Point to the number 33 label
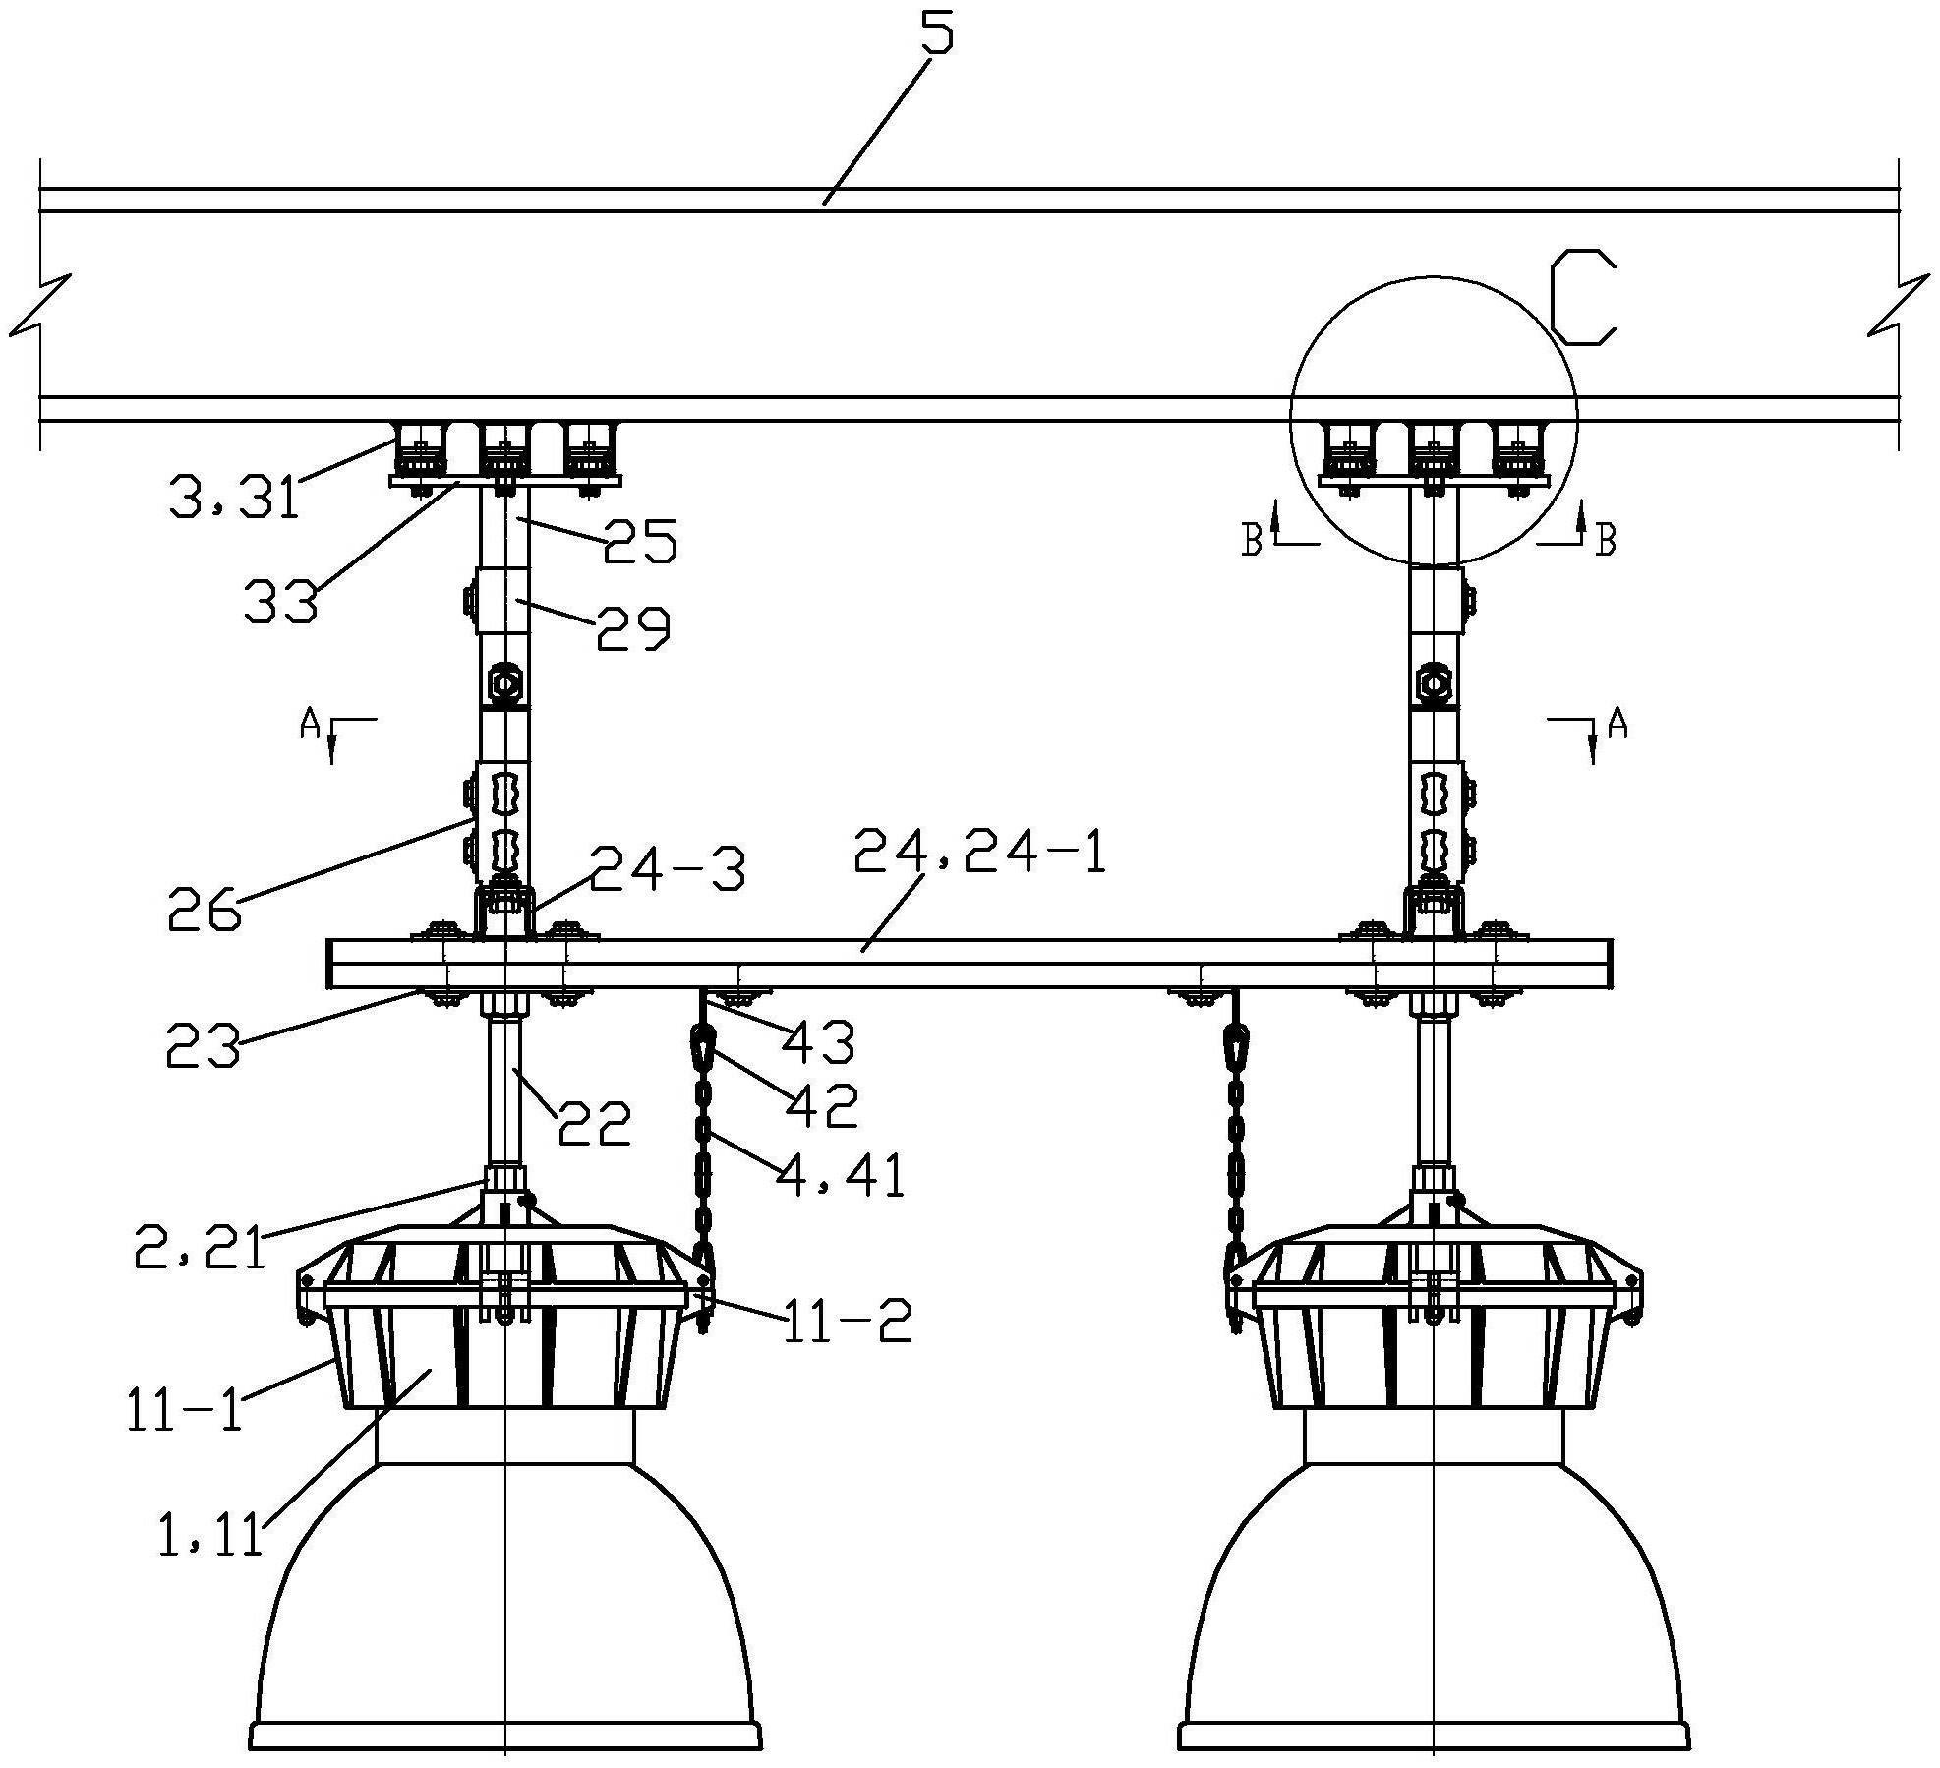tap(281, 600)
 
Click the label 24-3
tap(666, 870)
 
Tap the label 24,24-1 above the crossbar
tap(979, 852)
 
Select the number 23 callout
tap(202, 1045)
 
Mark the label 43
tap(817, 1042)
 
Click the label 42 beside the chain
tap(821, 1105)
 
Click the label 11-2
tap(847, 1324)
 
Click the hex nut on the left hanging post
tap(504, 681)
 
